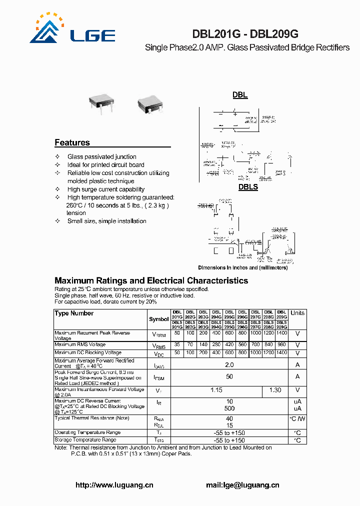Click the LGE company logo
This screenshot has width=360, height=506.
click(x=72, y=30)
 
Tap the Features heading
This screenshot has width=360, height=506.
click(x=72, y=142)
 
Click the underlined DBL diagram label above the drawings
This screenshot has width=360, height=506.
click(x=240, y=95)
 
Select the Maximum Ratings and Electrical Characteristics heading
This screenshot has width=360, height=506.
click(x=151, y=280)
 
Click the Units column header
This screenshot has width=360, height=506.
click(x=297, y=313)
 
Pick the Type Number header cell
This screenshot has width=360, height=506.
click(x=74, y=313)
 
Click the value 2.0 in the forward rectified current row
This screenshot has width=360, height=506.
click(x=229, y=365)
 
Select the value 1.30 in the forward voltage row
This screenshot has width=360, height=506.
click(x=275, y=390)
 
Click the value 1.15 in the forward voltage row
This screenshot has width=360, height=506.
click(x=216, y=390)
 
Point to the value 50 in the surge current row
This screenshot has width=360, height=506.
click(x=229, y=377)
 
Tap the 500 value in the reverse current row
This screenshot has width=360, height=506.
click(x=229, y=408)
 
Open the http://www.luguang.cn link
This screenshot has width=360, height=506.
click(x=114, y=485)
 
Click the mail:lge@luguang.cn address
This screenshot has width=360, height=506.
click(x=242, y=485)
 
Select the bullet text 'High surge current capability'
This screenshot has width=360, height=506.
click(x=106, y=189)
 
